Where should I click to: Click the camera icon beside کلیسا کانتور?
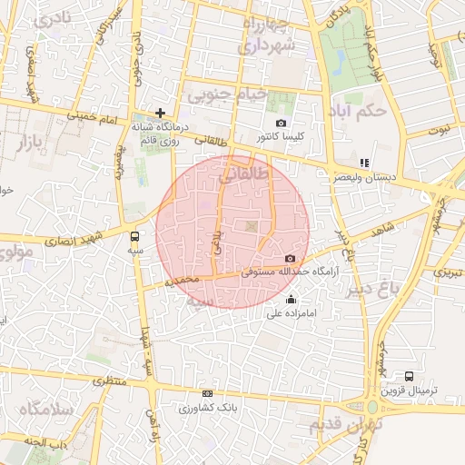tap(281, 124)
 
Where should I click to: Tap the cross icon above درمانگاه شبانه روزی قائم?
tap(161, 114)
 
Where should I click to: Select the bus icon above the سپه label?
tap(135, 236)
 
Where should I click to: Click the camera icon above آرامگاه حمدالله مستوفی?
tap(290, 259)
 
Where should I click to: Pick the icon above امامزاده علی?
tap(291, 300)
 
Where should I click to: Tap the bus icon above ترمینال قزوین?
tap(410, 375)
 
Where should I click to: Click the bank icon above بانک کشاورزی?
tap(208, 393)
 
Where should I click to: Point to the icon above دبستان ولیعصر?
tap(364, 163)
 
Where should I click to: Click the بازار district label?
tap(31, 141)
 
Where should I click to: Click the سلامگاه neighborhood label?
tap(37, 410)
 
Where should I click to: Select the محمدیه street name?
tap(181, 282)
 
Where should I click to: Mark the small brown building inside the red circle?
tap(249, 225)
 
